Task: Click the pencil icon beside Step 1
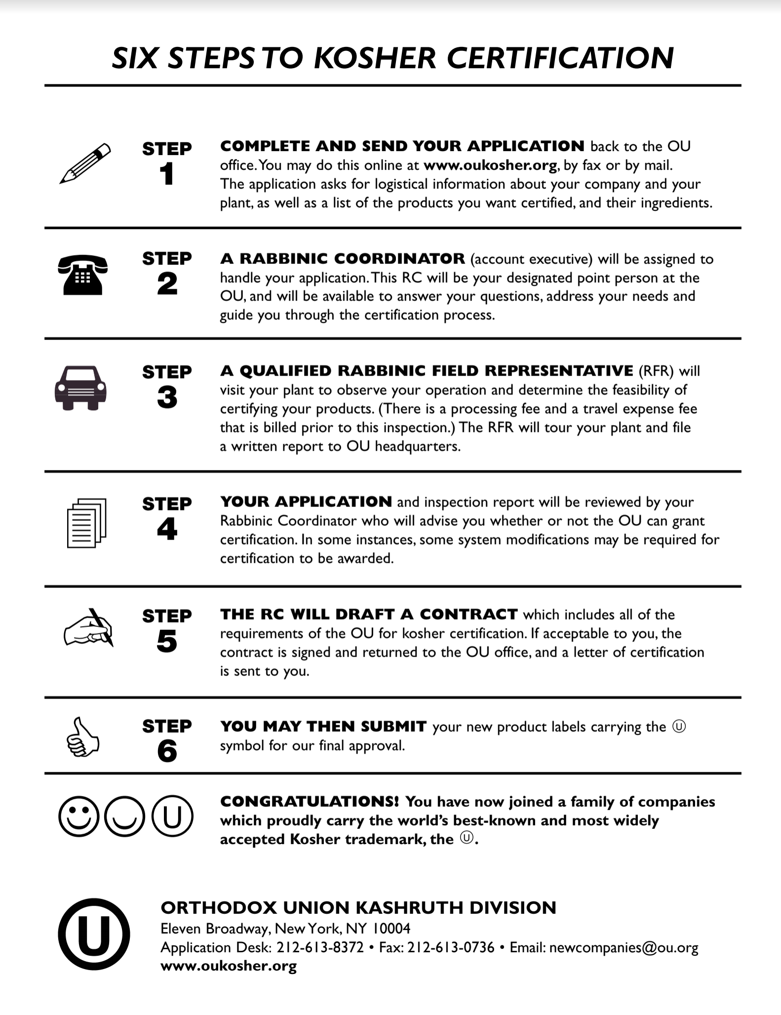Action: (x=85, y=164)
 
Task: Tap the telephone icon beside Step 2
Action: (x=82, y=275)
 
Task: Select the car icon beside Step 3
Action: (x=80, y=388)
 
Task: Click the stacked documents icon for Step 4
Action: (x=86, y=523)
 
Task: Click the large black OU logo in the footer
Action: (x=94, y=934)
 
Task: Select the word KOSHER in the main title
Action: (x=375, y=58)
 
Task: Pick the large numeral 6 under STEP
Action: (x=167, y=751)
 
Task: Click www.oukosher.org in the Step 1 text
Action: (x=490, y=165)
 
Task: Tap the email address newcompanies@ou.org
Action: (x=624, y=947)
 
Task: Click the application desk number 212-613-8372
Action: (x=320, y=947)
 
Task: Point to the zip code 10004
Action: (x=391, y=929)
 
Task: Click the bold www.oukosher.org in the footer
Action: (x=229, y=966)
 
